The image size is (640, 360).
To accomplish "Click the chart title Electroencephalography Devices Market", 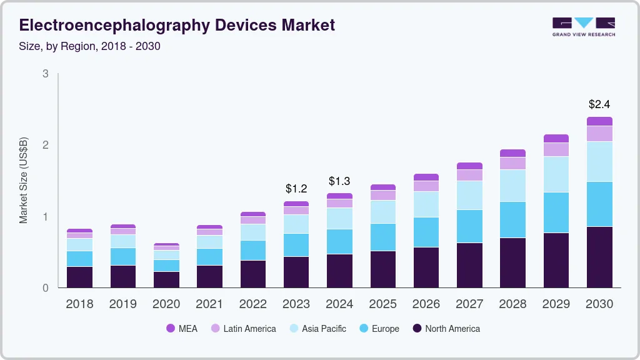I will pos(177,25).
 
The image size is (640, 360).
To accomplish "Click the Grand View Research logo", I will pos(583,26).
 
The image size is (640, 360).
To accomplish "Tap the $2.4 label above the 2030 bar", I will pos(600,104).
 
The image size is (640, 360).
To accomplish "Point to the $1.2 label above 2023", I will pos(296,188).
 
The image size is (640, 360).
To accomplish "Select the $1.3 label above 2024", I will pos(339,181).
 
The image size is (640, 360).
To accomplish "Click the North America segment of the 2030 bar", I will pos(600,257).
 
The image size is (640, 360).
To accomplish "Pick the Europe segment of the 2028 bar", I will pos(513,219).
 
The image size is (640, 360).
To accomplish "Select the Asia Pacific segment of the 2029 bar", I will pos(556,174).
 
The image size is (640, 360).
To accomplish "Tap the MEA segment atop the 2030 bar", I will pos(600,121).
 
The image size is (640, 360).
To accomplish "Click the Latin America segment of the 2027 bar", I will pos(469,175).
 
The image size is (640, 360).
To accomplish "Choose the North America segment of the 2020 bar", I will pos(166,279).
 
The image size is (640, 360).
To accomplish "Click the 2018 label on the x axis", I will pos(79,304).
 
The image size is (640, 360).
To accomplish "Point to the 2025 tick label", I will pos(382,304).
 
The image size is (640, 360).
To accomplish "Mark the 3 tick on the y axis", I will pos(45,74).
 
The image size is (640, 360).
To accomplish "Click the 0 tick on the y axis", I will pos(45,288).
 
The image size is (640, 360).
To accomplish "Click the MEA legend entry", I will pos(181,328).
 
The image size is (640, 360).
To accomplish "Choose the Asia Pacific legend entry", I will pos(317,328).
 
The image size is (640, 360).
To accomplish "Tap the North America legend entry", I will pos(446,328).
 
